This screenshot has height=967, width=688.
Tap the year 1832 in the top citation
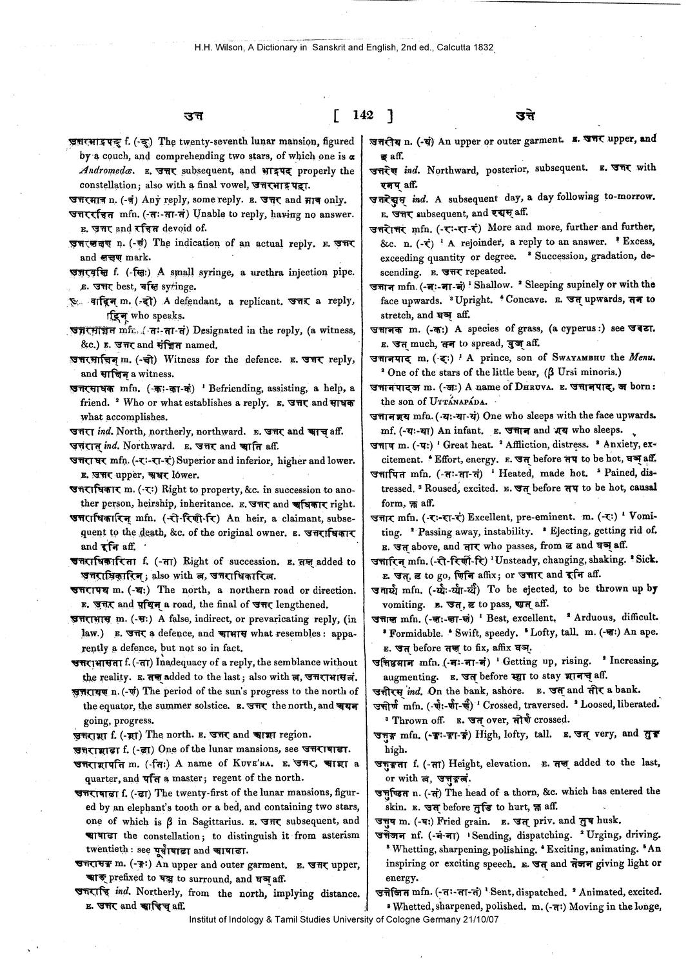click(484, 47)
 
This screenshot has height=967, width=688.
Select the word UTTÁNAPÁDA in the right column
click(449, 401)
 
